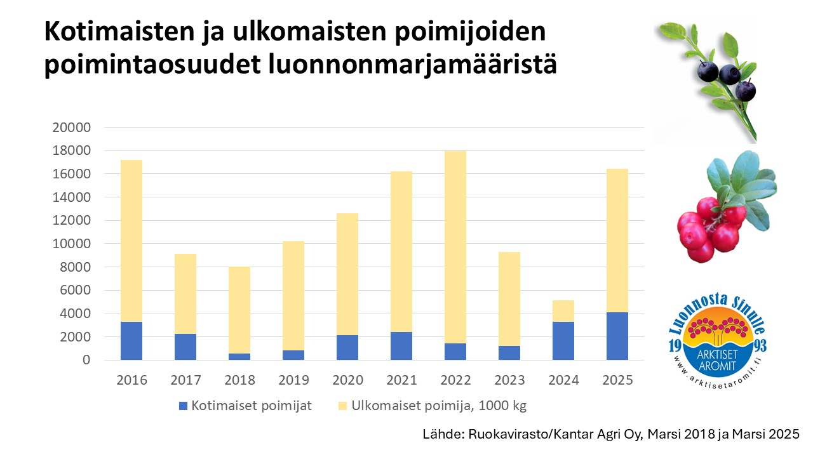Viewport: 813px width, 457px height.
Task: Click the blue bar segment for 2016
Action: (131, 341)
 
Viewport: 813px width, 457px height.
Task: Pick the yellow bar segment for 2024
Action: (563, 311)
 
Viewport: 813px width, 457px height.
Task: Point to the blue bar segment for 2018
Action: (239, 357)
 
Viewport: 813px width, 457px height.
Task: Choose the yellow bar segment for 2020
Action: (347, 274)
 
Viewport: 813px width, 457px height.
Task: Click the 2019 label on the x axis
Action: (293, 380)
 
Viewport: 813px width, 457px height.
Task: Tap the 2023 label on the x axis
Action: (509, 380)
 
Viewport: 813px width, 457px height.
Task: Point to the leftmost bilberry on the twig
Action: (707, 72)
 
